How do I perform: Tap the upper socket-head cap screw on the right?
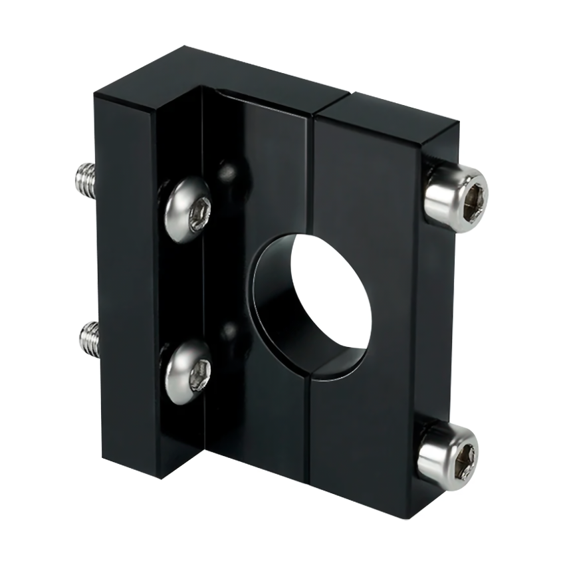[x=456, y=193]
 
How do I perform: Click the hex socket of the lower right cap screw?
[x=465, y=457]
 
